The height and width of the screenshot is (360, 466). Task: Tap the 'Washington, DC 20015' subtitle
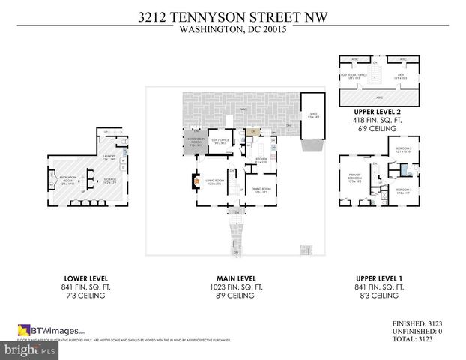(232, 31)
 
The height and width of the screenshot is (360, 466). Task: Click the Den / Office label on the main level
(222, 140)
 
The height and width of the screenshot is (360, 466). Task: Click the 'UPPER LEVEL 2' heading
(378, 111)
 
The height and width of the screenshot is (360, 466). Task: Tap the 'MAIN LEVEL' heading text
(232, 277)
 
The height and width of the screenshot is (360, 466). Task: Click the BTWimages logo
(52, 329)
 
